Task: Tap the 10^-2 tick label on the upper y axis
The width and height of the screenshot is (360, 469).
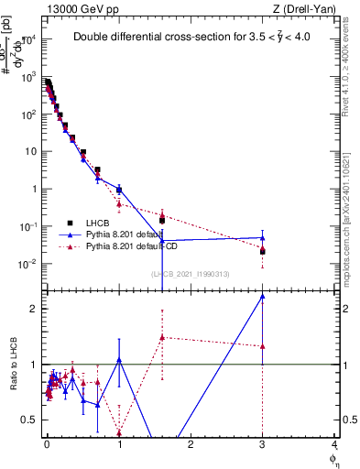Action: pyautogui.click(x=27, y=265)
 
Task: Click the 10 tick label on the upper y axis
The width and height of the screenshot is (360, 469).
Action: pyautogui.click(x=30, y=152)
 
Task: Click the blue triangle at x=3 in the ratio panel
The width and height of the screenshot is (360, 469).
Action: pyautogui.click(x=263, y=296)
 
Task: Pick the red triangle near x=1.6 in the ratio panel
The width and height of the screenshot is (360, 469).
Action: pyautogui.click(x=162, y=337)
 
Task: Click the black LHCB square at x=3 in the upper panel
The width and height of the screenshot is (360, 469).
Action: pyautogui.click(x=263, y=251)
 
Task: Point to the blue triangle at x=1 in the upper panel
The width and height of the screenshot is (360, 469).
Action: pyautogui.click(x=119, y=190)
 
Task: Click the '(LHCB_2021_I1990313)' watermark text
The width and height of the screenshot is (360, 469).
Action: pyautogui.click(x=189, y=274)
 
